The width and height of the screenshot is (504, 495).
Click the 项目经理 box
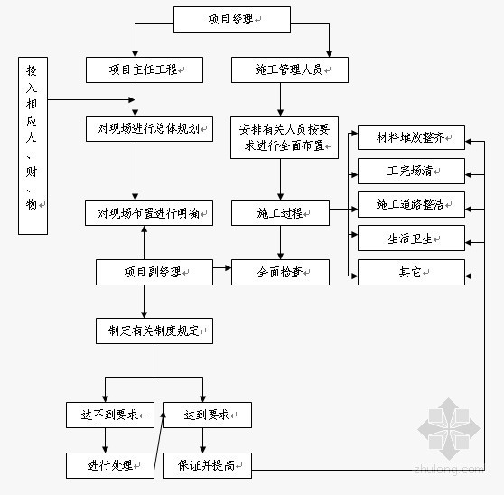pyautogui.click(x=232, y=20)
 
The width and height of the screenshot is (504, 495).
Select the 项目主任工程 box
pyautogui.click(x=145, y=70)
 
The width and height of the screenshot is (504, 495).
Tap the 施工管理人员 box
pyautogui.click(x=290, y=70)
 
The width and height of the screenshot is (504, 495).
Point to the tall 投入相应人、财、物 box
pyautogui.click(x=33, y=146)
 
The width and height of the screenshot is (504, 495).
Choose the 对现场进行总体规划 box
pyautogui.click(x=149, y=129)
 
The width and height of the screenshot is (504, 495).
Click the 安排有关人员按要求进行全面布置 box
pyautogui.click(x=285, y=137)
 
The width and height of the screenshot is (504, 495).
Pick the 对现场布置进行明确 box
pyautogui.click(x=149, y=213)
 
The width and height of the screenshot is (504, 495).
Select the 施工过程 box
pyautogui.click(x=280, y=213)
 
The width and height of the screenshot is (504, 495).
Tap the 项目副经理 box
pyautogui.click(x=154, y=272)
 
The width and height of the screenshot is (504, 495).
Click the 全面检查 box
pyautogui.click(x=280, y=272)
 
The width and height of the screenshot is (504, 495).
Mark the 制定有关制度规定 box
pyautogui.click(x=154, y=332)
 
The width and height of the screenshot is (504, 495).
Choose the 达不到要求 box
pyautogui.click(x=110, y=415)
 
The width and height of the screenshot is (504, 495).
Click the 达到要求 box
pyautogui.click(x=208, y=415)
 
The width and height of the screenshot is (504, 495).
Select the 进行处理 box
pyautogui.click(x=110, y=465)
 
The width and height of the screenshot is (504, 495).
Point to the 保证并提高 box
pyautogui.click(x=208, y=465)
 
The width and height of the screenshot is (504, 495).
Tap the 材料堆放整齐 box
pyautogui.click(x=412, y=137)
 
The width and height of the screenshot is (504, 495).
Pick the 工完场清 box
pyautogui.click(x=412, y=171)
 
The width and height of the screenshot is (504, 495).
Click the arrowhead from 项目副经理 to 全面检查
pyautogui.click(x=229, y=267)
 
